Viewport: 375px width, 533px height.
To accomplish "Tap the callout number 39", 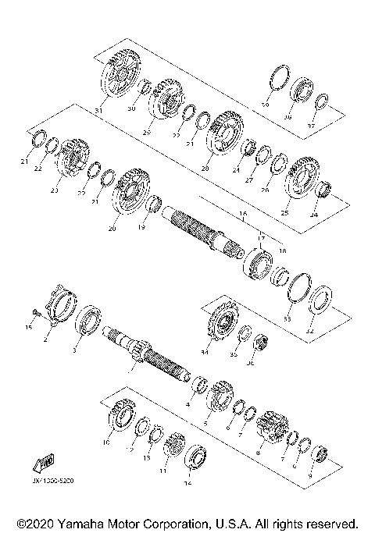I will [264, 105].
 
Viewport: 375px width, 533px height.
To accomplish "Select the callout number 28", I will [206, 167].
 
